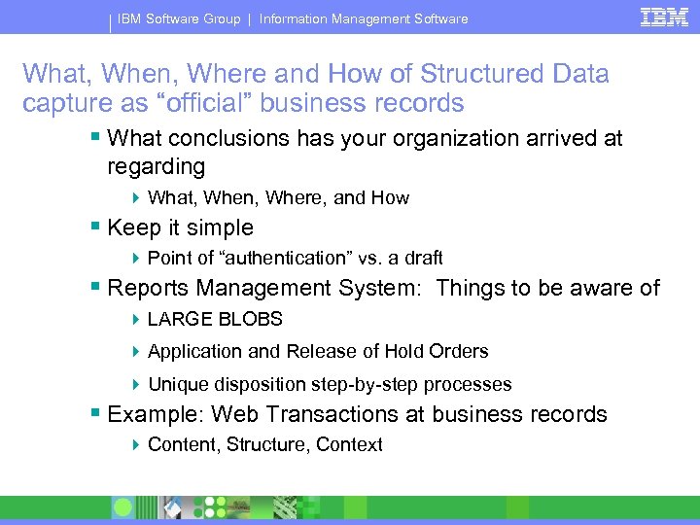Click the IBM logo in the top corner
pyautogui.click(x=664, y=17)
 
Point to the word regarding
pyautogui.click(x=157, y=167)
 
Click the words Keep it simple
pyautogui.click(x=181, y=228)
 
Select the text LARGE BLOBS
pyautogui.click(x=215, y=319)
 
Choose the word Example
pyautogui.click(x=156, y=415)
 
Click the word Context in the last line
pyautogui.click(x=353, y=444)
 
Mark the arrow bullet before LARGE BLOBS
pyautogui.click(x=137, y=319)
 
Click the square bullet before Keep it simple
pyautogui.click(x=95, y=228)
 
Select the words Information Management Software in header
pyautogui.click(x=364, y=18)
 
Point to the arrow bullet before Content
pyautogui.click(x=137, y=444)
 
